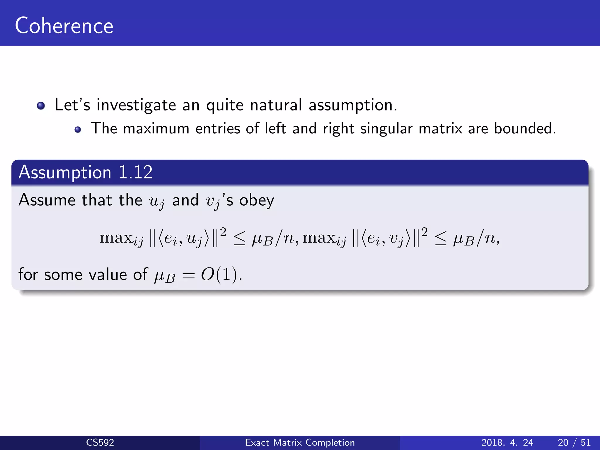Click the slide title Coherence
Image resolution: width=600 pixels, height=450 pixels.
coord(64,26)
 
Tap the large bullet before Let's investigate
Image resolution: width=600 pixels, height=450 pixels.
coord(41,105)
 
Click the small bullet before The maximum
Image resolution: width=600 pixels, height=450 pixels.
coord(78,129)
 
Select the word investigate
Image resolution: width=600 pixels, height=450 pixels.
coord(136,105)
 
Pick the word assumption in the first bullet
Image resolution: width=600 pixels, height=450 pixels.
coord(353,105)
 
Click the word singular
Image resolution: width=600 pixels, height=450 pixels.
coord(386,129)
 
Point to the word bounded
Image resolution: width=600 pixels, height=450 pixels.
coord(525,128)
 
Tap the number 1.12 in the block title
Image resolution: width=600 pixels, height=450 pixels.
coord(136,172)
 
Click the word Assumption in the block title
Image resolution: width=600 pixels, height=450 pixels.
coord(65,172)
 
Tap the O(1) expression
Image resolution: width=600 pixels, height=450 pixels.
coord(221,275)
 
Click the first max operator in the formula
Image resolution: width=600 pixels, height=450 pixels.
coord(116,238)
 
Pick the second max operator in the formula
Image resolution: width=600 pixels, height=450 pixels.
coord(319,238)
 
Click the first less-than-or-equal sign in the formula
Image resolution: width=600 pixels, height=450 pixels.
coord(239,239)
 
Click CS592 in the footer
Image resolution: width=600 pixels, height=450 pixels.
coord(100,442)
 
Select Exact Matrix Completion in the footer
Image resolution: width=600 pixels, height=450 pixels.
coord(300,442)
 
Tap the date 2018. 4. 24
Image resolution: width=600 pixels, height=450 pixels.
coord(507,442)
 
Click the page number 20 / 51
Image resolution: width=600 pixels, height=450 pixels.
coord(574,442)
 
